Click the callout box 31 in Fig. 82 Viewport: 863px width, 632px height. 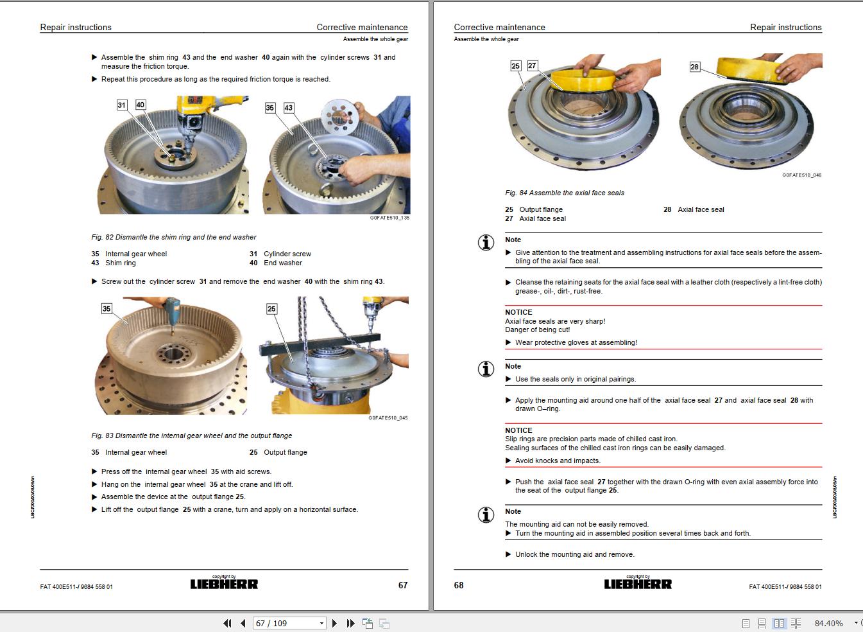(x=122, y=105)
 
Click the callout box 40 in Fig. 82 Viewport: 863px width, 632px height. (x=141, y=105)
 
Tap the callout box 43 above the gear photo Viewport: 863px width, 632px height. (x=289, y=108)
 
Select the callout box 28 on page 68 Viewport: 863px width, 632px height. (x=694, y=67)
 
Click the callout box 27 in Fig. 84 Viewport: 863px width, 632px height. (x=532, y=66)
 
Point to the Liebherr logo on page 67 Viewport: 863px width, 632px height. (x=224, y=584)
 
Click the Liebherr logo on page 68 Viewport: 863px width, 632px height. (x=638, y=584)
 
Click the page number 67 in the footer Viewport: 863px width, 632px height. (x=403, y=585)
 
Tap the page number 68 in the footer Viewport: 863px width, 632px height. (x=459, y=585)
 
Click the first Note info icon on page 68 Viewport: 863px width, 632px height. (x=486, y=243)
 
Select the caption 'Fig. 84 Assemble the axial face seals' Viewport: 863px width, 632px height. (x=565, y=193)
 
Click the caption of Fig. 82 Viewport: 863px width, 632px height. (x=174, y=237)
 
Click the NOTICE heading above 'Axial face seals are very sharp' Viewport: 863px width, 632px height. (x=518, y=312)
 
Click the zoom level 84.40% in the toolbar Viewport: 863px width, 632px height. (x=828, y=623)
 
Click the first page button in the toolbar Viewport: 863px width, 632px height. (x=227, y=623)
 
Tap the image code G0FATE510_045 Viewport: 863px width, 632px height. (x=388, y=418)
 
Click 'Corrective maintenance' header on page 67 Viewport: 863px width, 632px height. (x=362, y=27)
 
